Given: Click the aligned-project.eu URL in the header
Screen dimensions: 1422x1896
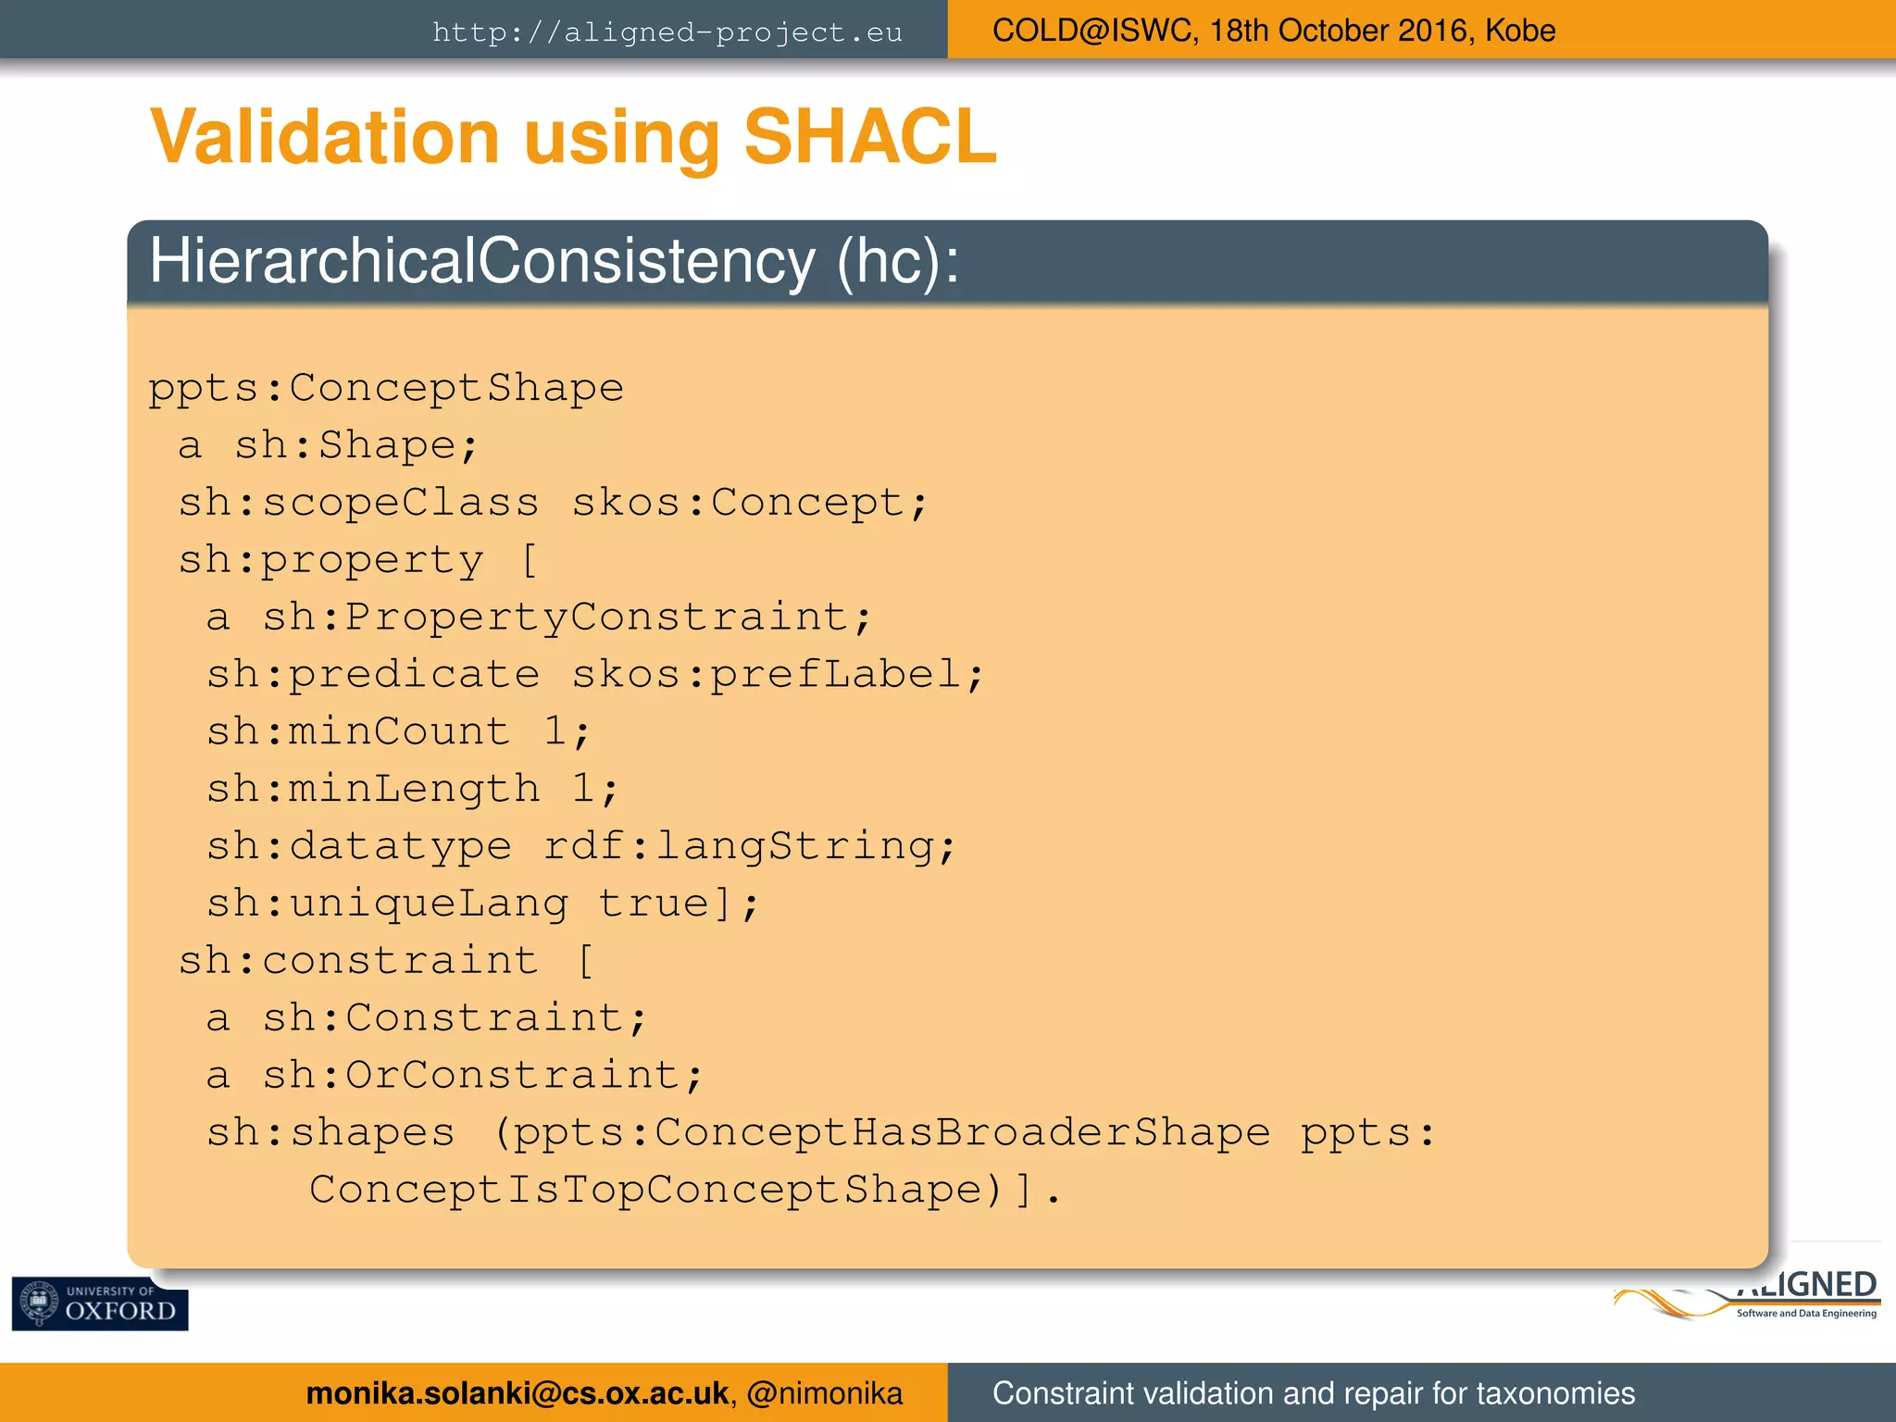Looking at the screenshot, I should click(x=667, y=32).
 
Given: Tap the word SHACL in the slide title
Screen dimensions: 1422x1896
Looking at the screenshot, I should click(x=869, y=137).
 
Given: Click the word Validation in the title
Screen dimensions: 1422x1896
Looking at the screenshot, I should click(x=324, y=137).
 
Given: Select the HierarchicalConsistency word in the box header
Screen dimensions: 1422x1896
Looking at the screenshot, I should click(x=481, y=261).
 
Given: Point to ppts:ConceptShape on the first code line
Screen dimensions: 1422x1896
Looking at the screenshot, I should click(x=386, y=388).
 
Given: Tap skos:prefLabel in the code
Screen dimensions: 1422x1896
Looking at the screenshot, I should click(x=777, y=675).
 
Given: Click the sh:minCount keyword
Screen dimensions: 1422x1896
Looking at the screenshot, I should click(x=358, y=732).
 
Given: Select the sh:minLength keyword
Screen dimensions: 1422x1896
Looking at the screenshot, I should click(x=373, y=790).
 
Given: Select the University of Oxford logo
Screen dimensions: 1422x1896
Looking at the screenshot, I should click(x=100, y=1303).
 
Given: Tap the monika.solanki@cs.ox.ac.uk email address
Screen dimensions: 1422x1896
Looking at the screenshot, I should click(x=517, y=1393).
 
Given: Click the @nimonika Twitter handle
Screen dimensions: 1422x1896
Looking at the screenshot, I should click(x=824, y=1393).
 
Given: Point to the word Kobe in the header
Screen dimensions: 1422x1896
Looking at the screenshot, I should click(x=1520, y=31).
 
